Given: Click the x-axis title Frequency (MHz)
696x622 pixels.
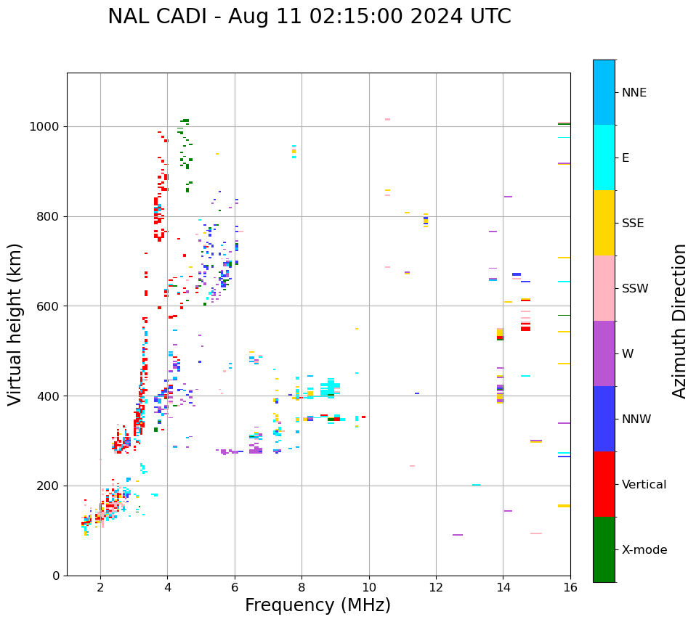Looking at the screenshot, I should click(317, 605).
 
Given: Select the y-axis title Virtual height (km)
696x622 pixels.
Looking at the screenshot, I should click(15, 324).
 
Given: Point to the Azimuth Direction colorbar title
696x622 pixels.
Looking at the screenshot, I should click(679, 321).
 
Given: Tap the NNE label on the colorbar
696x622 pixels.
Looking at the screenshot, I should click(634, 93).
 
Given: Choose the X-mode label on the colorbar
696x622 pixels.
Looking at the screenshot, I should click(644, 550).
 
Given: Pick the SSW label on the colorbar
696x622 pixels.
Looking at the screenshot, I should click(635, 289).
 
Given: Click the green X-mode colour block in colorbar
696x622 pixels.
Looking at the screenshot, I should click(604, 549).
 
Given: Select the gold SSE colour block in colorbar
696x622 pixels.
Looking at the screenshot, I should click(604, 223).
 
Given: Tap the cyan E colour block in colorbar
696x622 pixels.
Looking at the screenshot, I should click(604, 157).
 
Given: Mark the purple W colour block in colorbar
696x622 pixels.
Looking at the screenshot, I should click(604, 353).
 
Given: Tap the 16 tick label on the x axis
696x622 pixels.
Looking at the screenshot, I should click(570, 587).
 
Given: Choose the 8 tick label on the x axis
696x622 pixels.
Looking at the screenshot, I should click(302, 587).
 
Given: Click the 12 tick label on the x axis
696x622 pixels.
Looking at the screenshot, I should click(436, 587).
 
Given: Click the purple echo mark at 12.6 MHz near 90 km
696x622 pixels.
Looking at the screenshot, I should click(458, 535).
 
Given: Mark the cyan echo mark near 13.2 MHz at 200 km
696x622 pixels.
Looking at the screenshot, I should click(476, 485).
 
